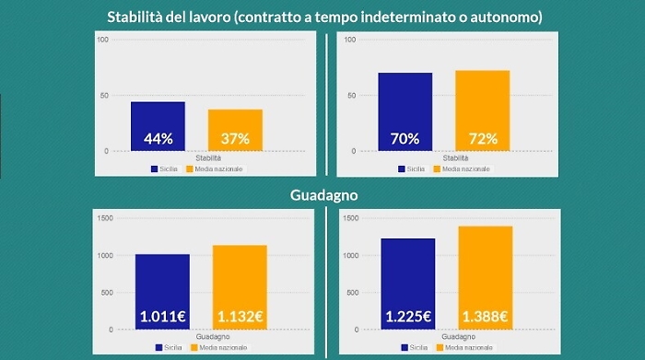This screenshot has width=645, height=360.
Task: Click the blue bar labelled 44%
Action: pos(158,126)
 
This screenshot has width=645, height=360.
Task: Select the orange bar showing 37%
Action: pos(235,130)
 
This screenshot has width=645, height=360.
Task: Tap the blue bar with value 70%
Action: pos(405,111)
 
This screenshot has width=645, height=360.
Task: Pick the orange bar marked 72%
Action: pos(482,110)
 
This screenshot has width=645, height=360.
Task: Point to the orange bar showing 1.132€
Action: pos(240,287)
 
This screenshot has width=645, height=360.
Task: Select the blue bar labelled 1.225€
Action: pos(407,284)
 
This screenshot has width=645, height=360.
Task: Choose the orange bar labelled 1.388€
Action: pos(485,278)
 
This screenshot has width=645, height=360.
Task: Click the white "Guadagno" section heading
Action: pos(322,195)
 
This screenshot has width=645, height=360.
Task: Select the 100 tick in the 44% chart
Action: pos(102,40)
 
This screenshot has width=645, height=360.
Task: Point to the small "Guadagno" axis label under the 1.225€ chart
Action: pos(446,338)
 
